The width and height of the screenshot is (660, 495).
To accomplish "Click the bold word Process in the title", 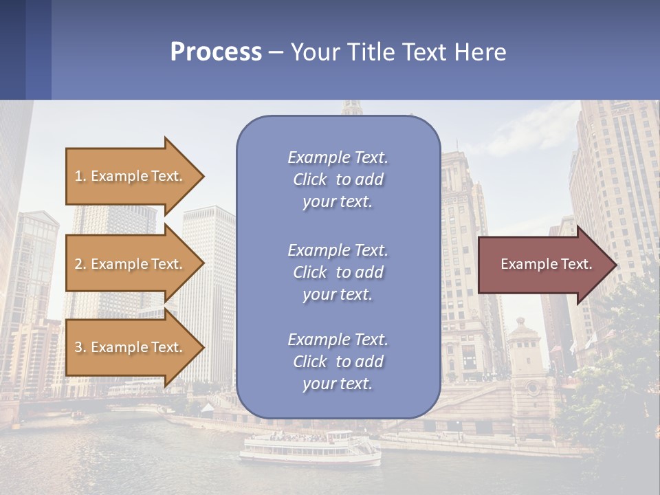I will click(216, 52).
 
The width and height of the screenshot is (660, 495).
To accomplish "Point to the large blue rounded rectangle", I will click(338, 268).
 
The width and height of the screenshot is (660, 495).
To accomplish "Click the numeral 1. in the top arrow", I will click(80, 176).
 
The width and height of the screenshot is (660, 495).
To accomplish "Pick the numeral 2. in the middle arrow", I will click(80, 264).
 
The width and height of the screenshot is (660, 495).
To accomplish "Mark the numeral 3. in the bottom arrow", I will click(80, 347).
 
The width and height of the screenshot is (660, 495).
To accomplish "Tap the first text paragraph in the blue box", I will click(338, 179).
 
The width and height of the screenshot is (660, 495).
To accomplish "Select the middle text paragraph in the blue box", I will click(338, 272).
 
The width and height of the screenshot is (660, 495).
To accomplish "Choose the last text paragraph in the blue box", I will click(338, 362).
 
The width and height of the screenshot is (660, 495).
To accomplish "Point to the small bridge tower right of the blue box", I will click(526, 357).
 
